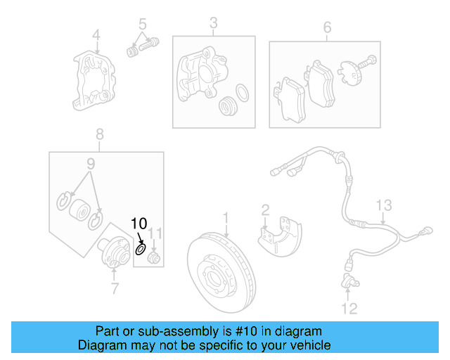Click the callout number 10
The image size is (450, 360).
(x=139, y=224)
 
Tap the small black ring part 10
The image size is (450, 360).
(x=141, y=247)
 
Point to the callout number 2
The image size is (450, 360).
(x=265, y=210)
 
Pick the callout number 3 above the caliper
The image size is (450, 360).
(x=213, y=26)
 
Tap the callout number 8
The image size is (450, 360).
(x=99, y=133)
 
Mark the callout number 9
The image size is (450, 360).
(x=90, y=164)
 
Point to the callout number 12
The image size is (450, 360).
(x=349, y=308)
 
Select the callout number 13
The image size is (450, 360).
(x=382, y=205)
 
